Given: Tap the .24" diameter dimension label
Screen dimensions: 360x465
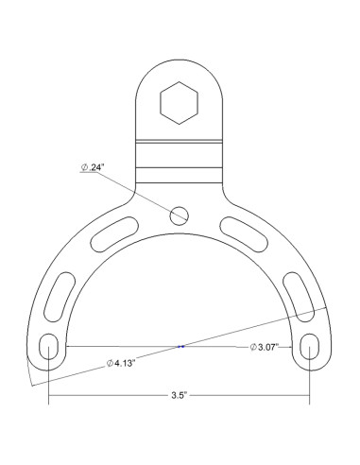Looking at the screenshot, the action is click(93, 167).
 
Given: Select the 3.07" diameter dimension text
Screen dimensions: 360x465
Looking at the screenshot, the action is click(265, 347).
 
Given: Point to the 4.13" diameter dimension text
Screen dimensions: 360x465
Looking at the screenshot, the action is click(121, 363).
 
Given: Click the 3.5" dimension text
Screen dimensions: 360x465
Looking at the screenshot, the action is click(180, 395).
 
